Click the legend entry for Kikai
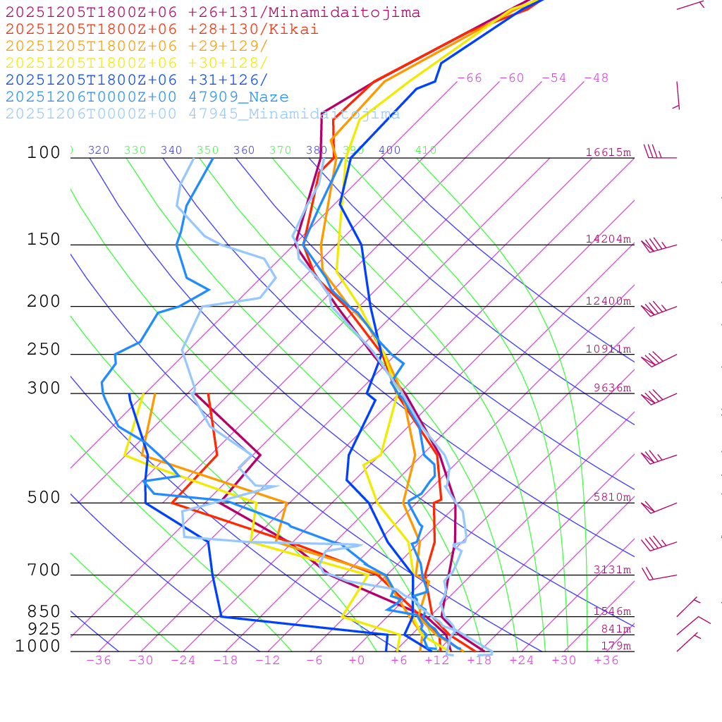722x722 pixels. pos(162,30)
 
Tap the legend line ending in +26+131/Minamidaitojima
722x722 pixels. pos(213,13)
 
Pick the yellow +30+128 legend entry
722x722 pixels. pos(137,63)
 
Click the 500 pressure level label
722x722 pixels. pos(44,498)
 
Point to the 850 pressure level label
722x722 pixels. pos(44,611)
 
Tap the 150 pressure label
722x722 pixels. pos(44,240)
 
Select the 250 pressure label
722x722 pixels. pos(44,350)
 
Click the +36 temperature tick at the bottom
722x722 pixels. pos(606,660)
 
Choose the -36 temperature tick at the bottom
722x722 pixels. pos(99,660)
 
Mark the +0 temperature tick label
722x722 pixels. pos(357,660)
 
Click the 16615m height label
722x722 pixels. pos(608,152)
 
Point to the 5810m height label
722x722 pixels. pos(612,497)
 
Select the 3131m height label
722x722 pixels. pos(612,570)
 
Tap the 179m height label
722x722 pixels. pos(616,646)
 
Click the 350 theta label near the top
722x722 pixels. pos(207,150)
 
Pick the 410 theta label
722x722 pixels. pos(426,150)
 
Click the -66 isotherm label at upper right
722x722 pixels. pos(470,78)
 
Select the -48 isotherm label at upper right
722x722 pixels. pos(596,78)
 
